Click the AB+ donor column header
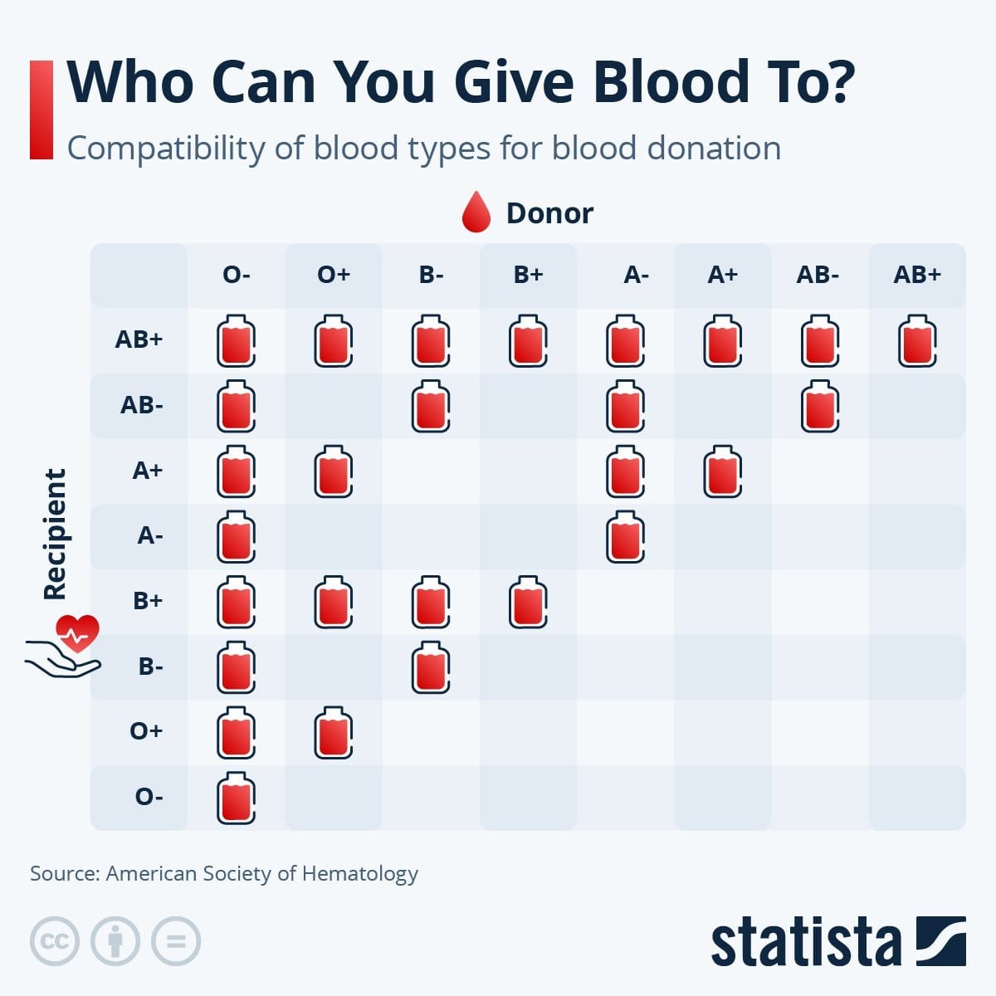pyautogui.click(x=917, y=275)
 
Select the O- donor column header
pyautogui.click(x=237, y=275)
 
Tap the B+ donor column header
pyautogui.click(x=528, y=275)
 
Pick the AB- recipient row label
pyautogui.click(x=142, y=405)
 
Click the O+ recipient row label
pyautogui.click(x=146, y=731)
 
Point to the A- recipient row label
pyautogui.click(x=150, y=535)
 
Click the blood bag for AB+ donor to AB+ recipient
pyautogui.click(x=917, y=340)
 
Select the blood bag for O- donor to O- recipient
pyautogui.click(x=237, y=798)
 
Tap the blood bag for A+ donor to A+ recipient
pyautogui.click(x=723, y=471)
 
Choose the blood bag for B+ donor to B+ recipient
pyautogui.click(x=528, y=602)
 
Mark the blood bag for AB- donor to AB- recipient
pyautogui.click(x=820, y=406)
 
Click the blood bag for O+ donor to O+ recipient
pyautogui.click(x=334, y=732)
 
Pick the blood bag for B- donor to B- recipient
pyautogui.click(x=431, y=666)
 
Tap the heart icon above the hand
pyautogui.click(x=77, y=632)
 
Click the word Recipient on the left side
pyautogui.click(x=55, y=535)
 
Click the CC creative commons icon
pyautogui.click(x=55, y=941)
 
